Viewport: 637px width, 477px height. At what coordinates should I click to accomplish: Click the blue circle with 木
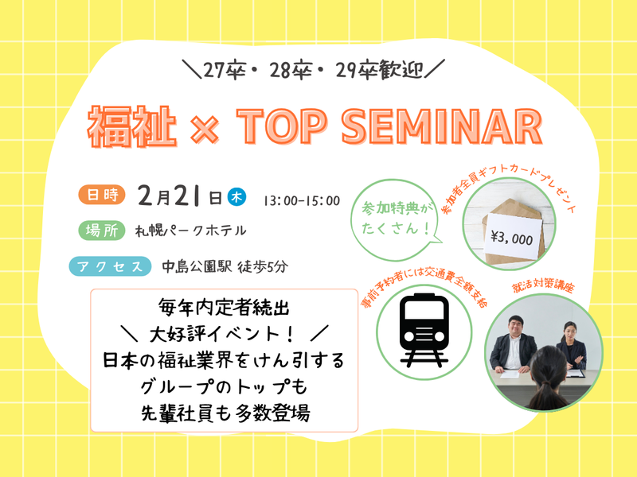pos(236,196)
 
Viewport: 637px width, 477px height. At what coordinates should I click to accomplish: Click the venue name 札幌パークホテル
pos(190,231)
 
